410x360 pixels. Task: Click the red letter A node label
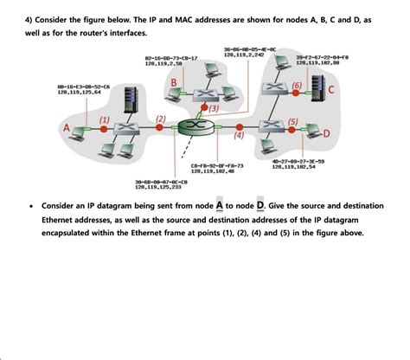65,128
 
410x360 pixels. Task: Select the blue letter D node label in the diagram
326,133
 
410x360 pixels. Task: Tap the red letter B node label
174,82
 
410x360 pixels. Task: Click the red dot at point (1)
104,128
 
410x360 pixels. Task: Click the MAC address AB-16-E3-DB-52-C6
84,87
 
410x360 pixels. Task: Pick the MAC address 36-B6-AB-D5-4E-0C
249,49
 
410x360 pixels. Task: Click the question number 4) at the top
28,18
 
